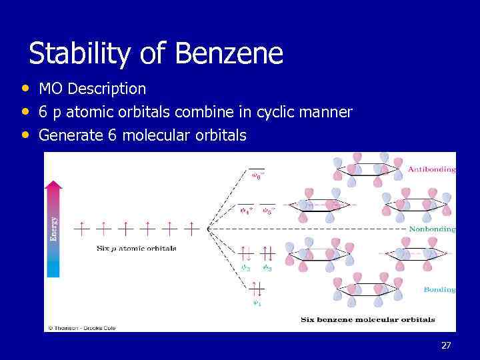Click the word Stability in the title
(x=79, y=53)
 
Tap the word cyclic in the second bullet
(x=278, y=112)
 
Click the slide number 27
(x=446, y=345)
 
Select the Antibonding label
(x=431, y=169)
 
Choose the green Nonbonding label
(x=431, y=229)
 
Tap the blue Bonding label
(x=439, y=289)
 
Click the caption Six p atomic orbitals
(x=136, y=248)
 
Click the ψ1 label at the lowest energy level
(x=257, y=303)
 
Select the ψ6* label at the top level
(x=257, y=177)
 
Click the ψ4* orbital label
(x=246, y=211)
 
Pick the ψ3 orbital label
(x=267, y=267)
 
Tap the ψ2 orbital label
(x=246, y=267)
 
